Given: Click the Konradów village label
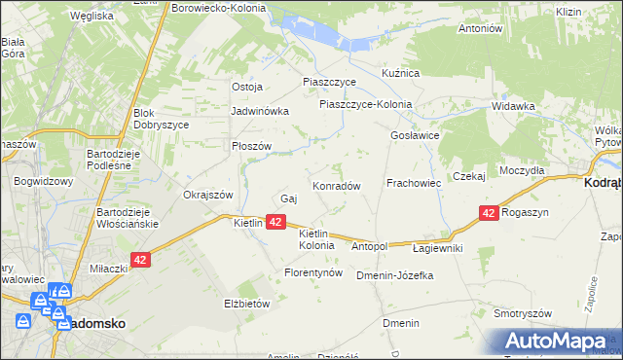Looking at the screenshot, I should [337, 185].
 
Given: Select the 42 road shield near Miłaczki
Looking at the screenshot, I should [141, 261].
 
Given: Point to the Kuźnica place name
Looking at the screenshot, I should [399, 73].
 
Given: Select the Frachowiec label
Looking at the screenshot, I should [414, 182].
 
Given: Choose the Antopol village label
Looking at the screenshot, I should [370, 247].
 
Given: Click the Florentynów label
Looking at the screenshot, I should [313, 273].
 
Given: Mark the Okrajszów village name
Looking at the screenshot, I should [208, 194].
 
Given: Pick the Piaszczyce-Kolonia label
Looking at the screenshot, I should [365, 104].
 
